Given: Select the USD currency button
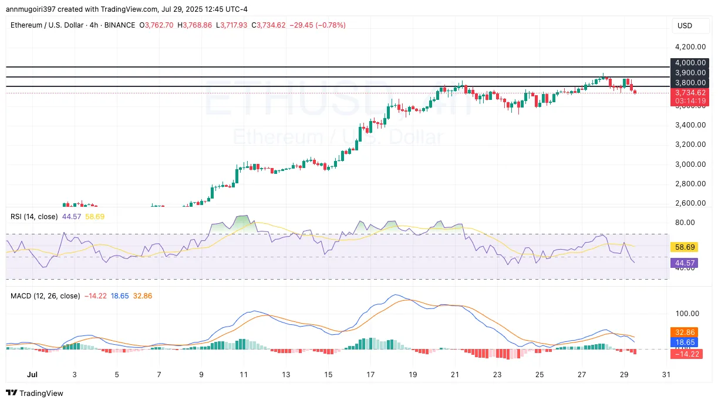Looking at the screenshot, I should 685,26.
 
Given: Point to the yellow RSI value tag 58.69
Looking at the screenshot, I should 685,247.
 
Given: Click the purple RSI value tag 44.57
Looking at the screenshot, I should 685,263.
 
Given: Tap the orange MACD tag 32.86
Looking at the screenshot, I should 685,332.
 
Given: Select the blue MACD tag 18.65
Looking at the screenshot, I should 685,341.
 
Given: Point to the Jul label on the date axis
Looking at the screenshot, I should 32,374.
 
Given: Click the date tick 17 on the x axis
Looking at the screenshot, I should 370,374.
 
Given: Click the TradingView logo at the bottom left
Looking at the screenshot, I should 35,393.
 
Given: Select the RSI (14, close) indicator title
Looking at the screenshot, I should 34,217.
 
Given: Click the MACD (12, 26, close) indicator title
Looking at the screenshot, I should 45,296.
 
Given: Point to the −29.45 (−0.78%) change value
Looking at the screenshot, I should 318,25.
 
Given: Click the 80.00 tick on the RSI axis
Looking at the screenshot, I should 685,222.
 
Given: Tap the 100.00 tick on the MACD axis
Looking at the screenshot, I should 687,313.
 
